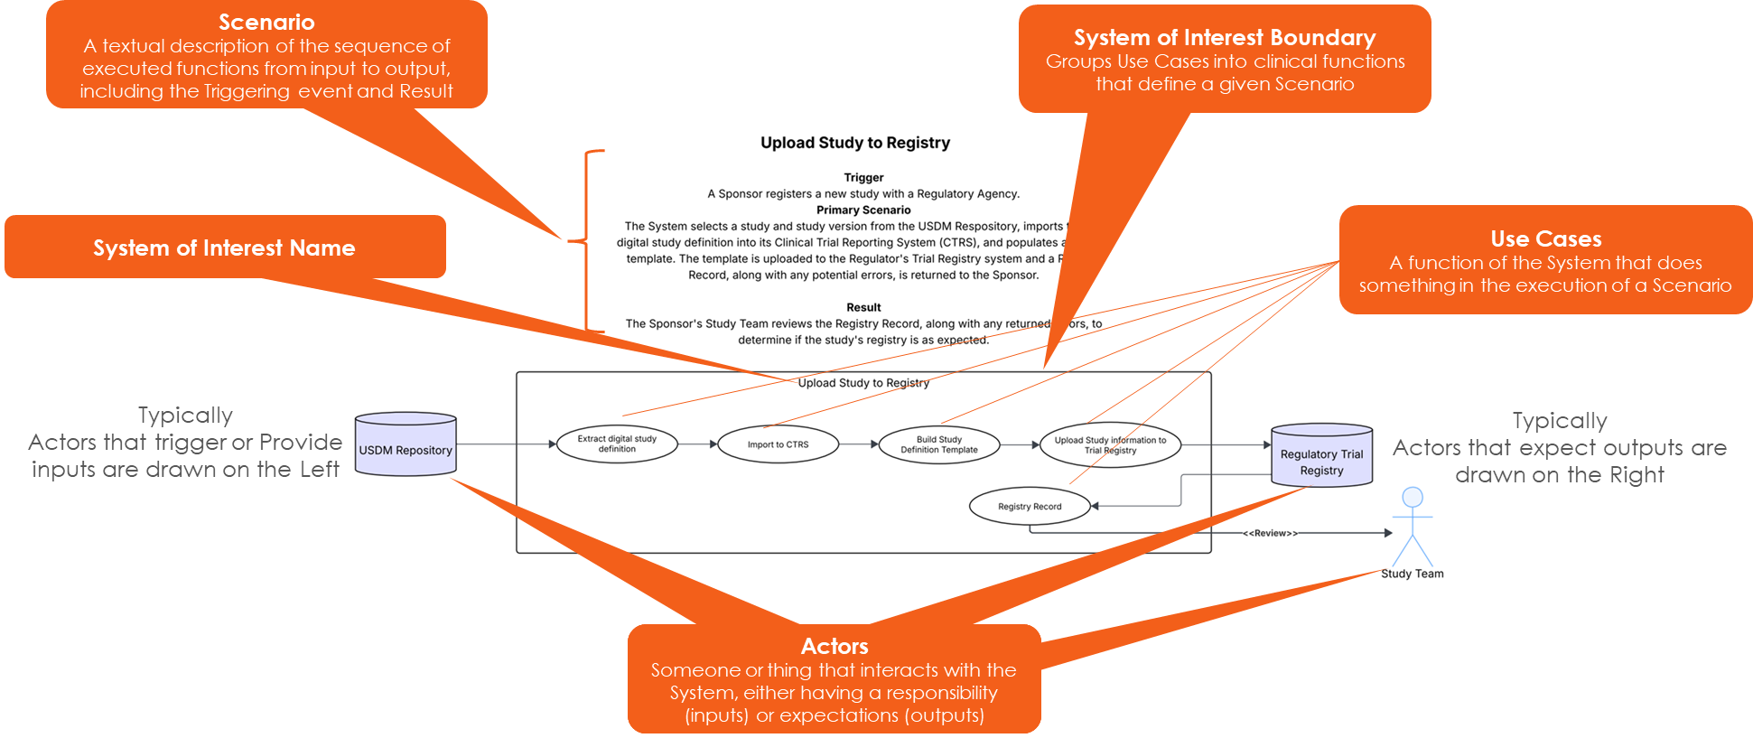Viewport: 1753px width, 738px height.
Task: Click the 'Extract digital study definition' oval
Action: (x=617, y=444)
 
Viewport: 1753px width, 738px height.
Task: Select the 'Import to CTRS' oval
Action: (x=778, y=444)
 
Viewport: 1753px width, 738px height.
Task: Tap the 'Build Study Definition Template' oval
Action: (x=938, y=444)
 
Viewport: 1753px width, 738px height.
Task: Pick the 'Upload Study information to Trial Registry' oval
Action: (x=1110, y=445)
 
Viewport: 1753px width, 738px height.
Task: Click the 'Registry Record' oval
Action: (x=1030, y=507)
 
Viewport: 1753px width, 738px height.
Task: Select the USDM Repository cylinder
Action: (x=406, y=445)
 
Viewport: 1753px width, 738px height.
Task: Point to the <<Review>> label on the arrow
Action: (x=1270, y=534)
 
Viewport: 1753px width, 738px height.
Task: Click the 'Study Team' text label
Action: (x=1413, y=574)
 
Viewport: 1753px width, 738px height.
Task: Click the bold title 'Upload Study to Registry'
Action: (x=855, y=143)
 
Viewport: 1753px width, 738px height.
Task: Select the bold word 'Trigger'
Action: (x=863, y=178)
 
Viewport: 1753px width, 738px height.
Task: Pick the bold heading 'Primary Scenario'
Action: (x=863, y=210)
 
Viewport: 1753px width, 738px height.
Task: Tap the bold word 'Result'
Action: (x=863, y=308)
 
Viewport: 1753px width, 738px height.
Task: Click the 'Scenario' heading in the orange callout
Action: (x=266, y=23)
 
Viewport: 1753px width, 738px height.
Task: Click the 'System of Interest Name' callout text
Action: (x=224, y=248)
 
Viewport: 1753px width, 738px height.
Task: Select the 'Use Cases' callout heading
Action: (x=1546, y=239)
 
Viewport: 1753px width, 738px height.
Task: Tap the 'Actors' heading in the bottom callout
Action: (x=835, y=647)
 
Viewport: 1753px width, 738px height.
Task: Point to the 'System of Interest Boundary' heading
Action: (x=1225, y=38)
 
